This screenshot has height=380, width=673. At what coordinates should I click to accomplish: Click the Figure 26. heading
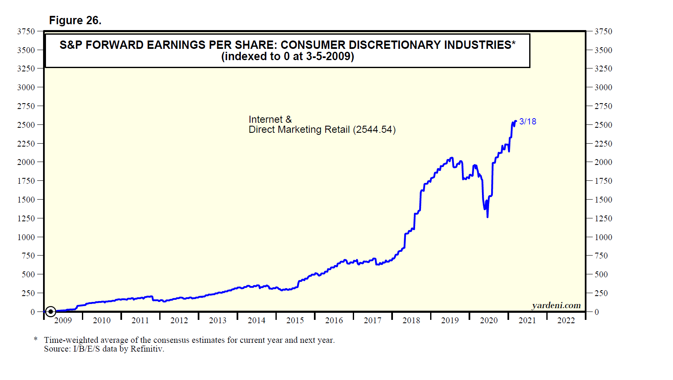pyautogui.click(x=75, y=20)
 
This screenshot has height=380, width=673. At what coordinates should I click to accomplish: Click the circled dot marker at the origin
pyautogui.click(x=51, y=312)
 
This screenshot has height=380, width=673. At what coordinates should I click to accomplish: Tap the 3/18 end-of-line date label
pyautogui.click(x=528, y=122)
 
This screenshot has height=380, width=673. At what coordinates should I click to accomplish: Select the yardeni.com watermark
pyautogui.click(x=556, y=305)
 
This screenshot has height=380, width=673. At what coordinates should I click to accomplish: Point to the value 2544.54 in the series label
pyautogui.click(x=374, y=130)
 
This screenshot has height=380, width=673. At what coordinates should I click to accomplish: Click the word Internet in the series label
pyautogui.click(x=265, y=119)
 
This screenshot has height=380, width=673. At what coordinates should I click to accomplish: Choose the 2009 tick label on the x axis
pyautogui.click(x=63, y=320)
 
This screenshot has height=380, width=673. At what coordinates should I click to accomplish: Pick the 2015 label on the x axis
pyautogui.click(x=295, y=320)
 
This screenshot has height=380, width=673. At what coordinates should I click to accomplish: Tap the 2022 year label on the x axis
pyautogui.click(x=566, y=320)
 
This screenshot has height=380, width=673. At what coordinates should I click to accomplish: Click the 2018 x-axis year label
pyautogui.click(x=411, y=320)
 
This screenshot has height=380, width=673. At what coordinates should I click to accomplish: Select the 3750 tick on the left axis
pyautogui.click(x=26, y=31)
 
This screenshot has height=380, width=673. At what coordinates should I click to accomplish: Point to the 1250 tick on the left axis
pyautogui.click(x=26, y=218)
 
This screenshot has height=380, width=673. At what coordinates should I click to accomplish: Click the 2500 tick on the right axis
pyautogui.click(x=603, y=125)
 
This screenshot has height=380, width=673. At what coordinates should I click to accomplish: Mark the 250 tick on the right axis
pyautogui.click(x=601, y=293)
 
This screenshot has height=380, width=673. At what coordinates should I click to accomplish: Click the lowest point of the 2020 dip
pyautogui.click(x=487, y=217)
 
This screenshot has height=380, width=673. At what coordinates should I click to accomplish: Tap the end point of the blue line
pyautogui.click(x=516, y=121)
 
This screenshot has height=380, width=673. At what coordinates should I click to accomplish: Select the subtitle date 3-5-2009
pyautogui.click(x=330, y=56)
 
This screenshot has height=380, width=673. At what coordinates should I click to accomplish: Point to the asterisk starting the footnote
pyautogui.click(x=36, y=339)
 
